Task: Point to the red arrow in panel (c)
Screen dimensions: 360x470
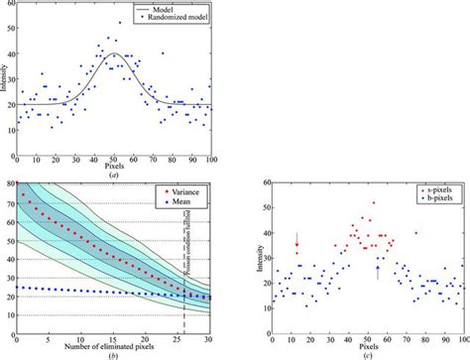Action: pos(296,241)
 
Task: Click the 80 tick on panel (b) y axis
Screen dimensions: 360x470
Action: pos(9,182)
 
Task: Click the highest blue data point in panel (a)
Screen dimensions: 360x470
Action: pos(121,22)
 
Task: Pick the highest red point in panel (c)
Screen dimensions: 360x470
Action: pos(373,203)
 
